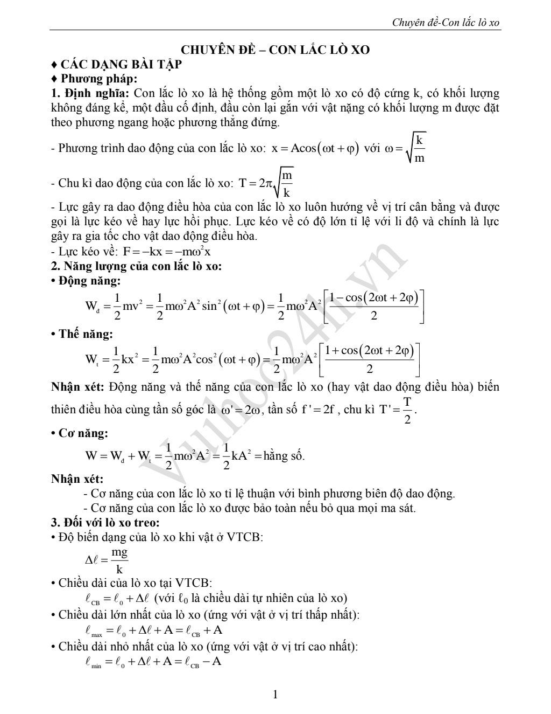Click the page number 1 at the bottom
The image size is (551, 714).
coord(275,695)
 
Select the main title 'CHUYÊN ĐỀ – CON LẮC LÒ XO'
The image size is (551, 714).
coord(275,50)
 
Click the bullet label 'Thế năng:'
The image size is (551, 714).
coord(86,334)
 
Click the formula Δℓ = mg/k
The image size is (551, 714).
coord(107,560)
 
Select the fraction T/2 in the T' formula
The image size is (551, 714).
coord(407,410)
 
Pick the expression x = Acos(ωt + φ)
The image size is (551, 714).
coord(315,149)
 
